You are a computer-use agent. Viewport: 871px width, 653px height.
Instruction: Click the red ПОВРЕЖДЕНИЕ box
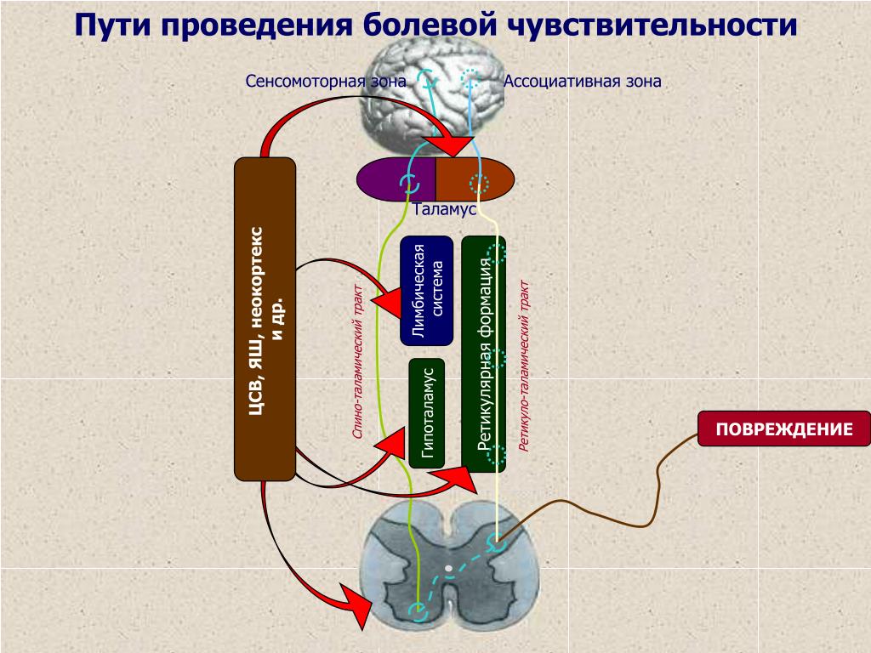point(783,429)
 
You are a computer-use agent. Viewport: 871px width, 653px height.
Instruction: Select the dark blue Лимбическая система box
point(427,291)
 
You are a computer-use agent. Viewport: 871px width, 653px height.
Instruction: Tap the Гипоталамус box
point(427,413)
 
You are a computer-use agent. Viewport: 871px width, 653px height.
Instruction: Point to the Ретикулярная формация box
point(484,354)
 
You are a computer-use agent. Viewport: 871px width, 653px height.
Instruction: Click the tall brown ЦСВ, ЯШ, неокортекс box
point(265,319)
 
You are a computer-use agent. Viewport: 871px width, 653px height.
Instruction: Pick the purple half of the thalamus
point(396,179)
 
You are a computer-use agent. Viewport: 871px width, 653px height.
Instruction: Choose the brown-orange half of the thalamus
point(475,179)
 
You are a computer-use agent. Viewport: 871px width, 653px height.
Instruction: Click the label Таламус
point(444,209)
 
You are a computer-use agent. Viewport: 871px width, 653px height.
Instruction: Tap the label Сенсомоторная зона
point(326,82)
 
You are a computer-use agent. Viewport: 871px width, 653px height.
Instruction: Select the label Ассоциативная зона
point(582,82)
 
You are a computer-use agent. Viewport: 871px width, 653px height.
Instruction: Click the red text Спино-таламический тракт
point(359,361)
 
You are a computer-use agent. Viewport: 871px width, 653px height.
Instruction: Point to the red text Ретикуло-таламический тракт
point(524,366)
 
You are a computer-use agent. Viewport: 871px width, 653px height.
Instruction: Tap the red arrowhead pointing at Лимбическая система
point(387,303)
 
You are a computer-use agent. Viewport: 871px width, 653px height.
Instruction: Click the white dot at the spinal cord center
point(449,569)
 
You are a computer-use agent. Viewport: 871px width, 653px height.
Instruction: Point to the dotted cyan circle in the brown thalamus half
point(479,184)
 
